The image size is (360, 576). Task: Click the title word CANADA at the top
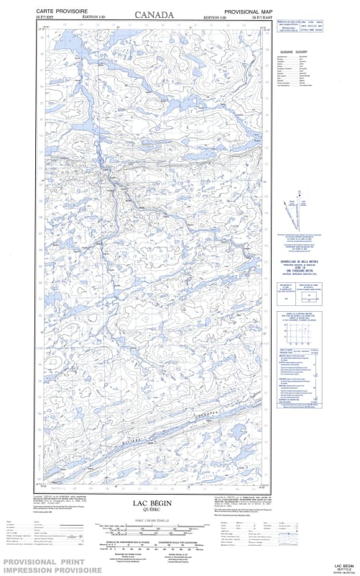pyautogui.click(x=154, y=14)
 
